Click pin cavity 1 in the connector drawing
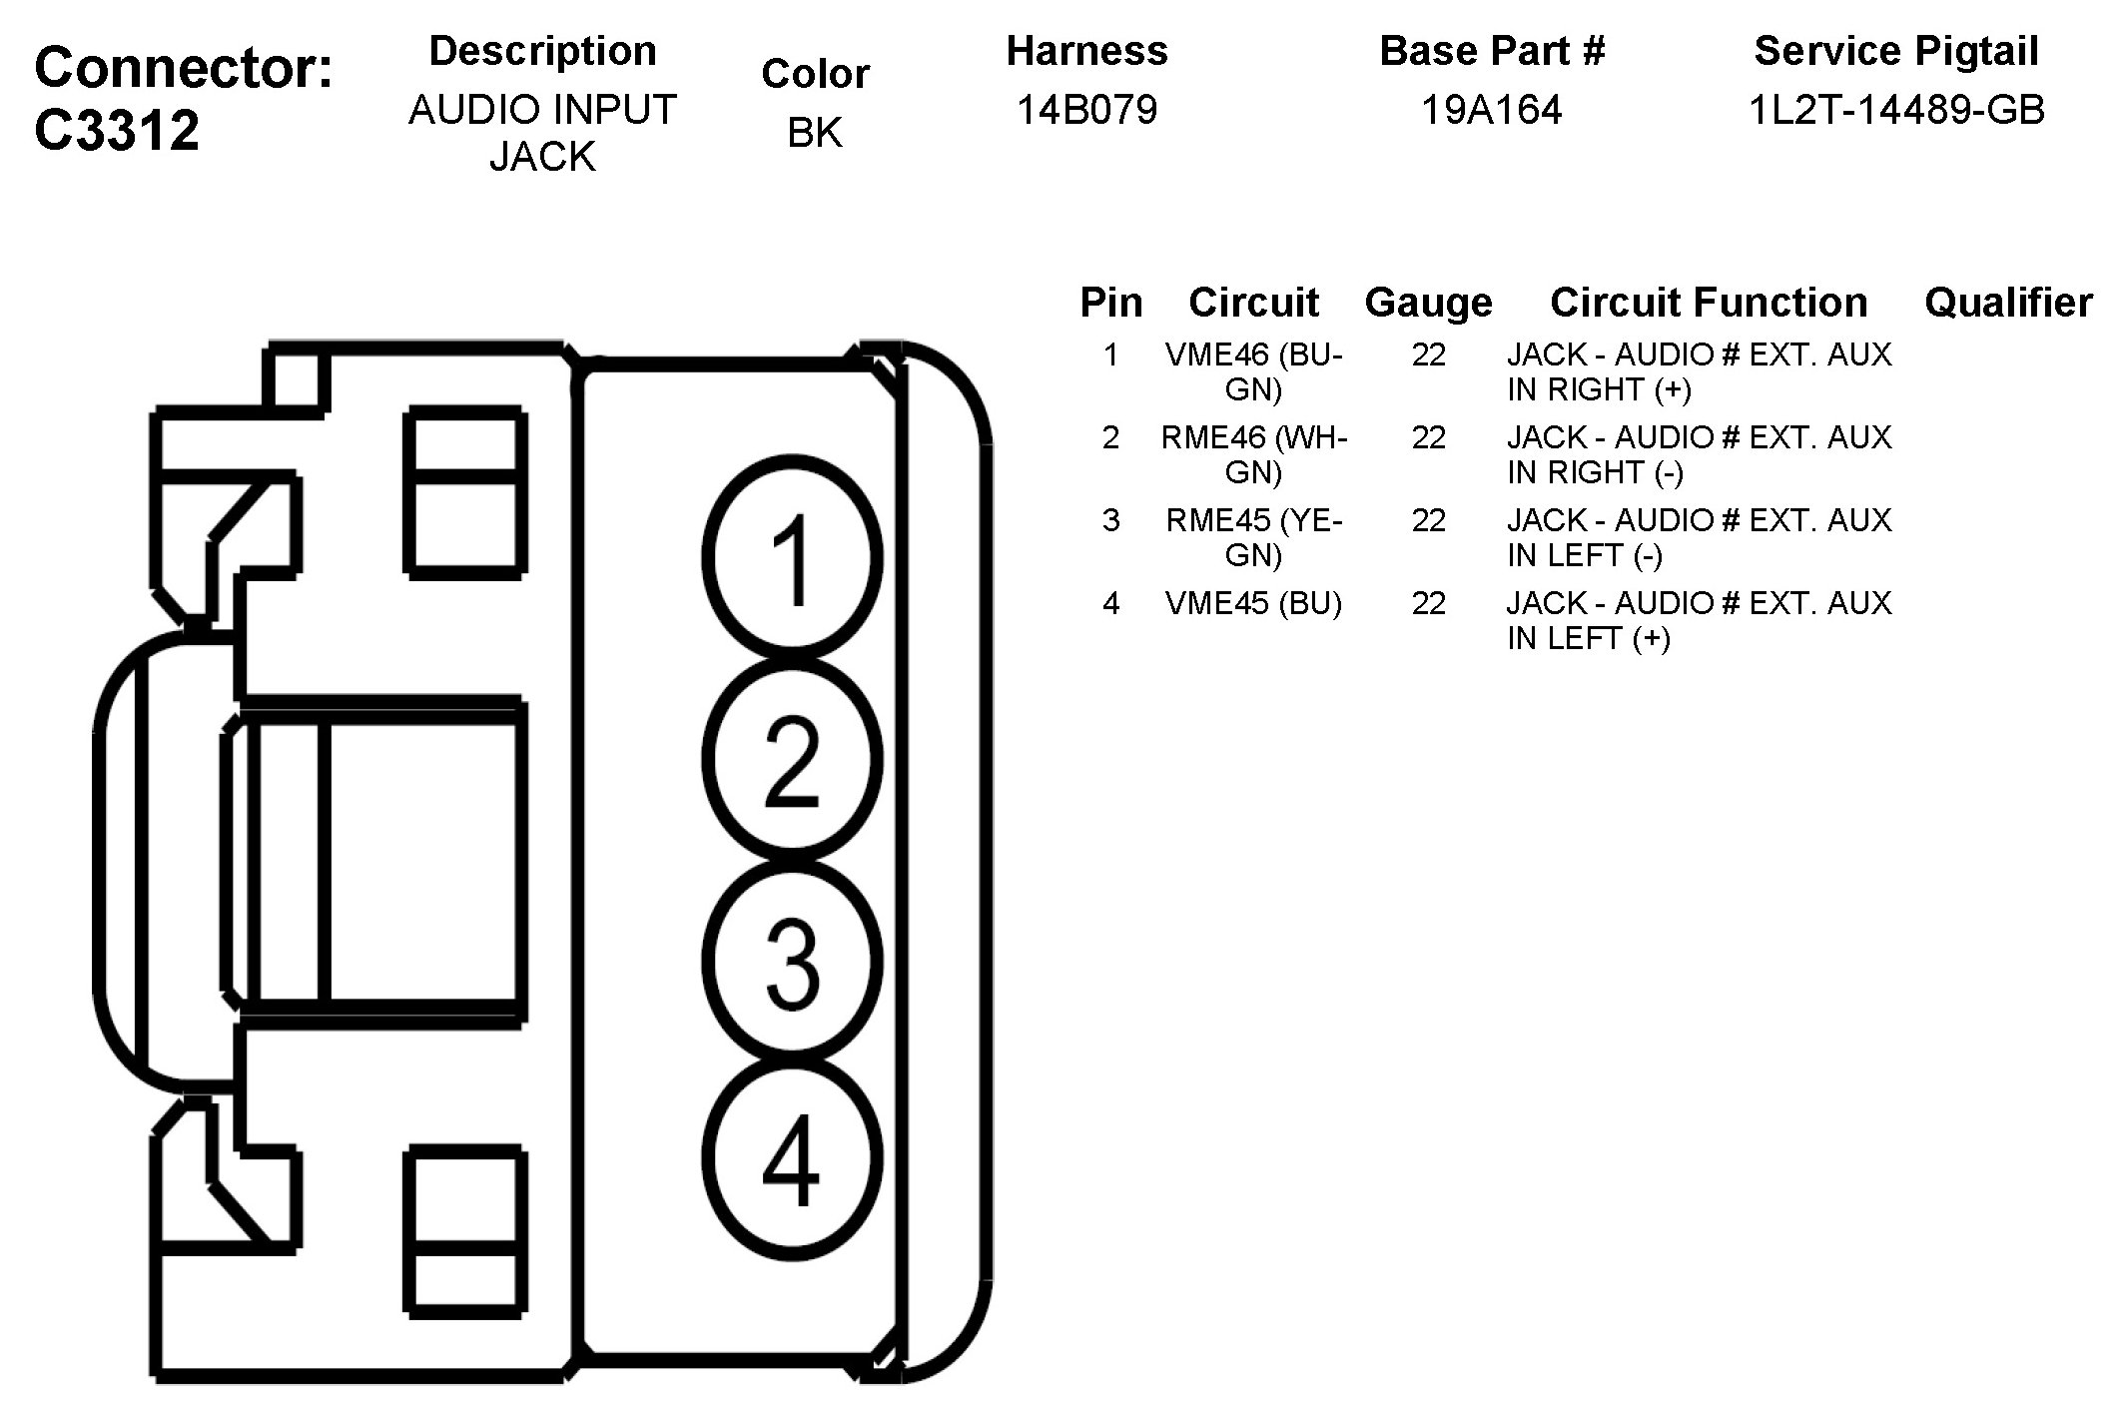point(792,557)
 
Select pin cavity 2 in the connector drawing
point(792,759)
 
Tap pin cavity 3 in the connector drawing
point(792,961)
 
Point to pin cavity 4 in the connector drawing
point(792,1158)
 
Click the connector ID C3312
point(118,130)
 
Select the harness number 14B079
point(1086,109)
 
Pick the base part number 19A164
point(1491,109)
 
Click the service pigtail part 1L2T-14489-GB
point(1896,109)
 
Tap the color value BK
point(815,132)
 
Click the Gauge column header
point(1428,302)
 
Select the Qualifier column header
point(2008,302)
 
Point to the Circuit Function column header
point(1709,302)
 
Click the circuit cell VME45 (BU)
point(1253,603)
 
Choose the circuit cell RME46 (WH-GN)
point(1253,454)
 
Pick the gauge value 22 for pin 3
point(1428,520)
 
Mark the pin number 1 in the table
point(1110,355)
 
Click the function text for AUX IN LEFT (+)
point(1698,620)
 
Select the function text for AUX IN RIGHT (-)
point(1698,454)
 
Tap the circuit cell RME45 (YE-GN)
point(1253,537)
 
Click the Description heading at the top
point(542,51)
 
